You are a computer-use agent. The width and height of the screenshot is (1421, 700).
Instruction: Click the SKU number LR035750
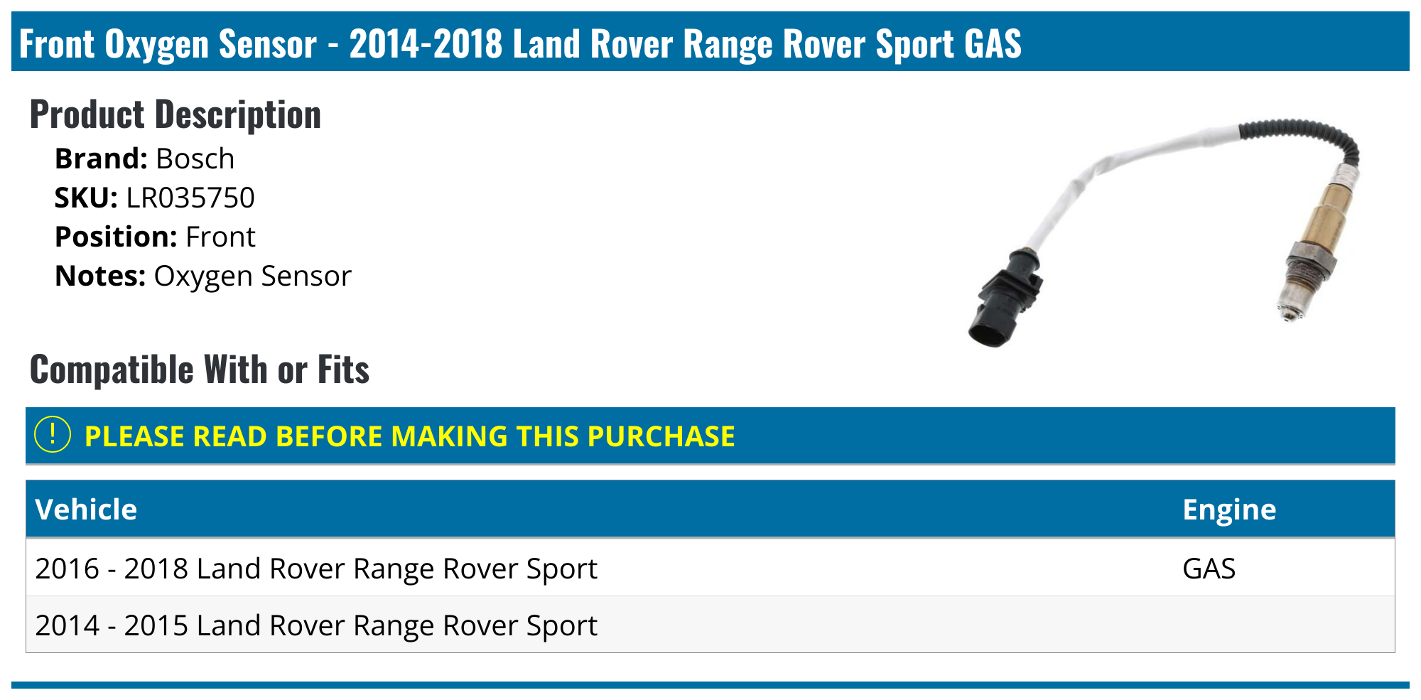tap(190, 198)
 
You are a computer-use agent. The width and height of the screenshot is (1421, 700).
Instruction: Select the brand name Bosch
tap(195, 158)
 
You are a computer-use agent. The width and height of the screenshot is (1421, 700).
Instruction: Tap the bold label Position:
tap(115, 237)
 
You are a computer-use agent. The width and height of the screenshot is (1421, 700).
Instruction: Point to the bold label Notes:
tap(99, 276)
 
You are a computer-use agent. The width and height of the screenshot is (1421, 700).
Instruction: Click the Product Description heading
tap(175, 114)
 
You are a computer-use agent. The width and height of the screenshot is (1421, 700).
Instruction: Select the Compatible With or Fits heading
tap(199, 370)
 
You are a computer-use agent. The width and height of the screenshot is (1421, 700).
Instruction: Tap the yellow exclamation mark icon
tap(53, 435)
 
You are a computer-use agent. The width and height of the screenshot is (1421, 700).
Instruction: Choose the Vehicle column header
tap(86, 510)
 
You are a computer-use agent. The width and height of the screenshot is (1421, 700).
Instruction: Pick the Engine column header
tap(1228, 510)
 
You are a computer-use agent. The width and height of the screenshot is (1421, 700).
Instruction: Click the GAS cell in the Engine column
tap(1209, 569)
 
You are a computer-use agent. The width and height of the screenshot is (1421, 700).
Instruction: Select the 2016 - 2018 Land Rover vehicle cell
tap(315, 569)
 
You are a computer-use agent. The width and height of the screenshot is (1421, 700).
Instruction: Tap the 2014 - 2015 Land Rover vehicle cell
tap(315, 625)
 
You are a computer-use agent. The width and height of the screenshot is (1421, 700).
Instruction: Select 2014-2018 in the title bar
tap(426, 43)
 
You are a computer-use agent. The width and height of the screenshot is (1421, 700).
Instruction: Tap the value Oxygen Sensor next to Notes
tap(252, 276)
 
